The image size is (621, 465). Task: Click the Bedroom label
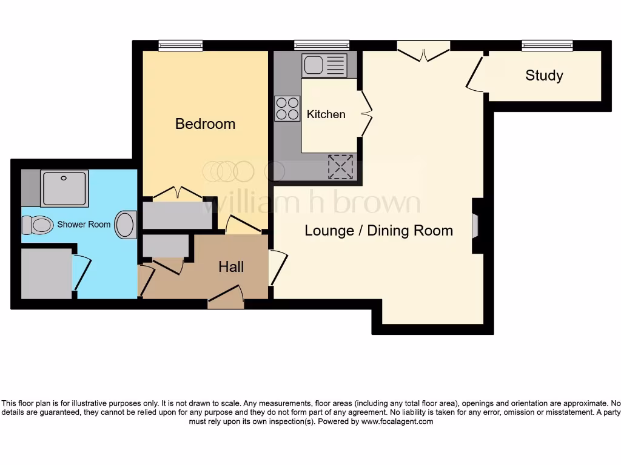click(x=205, y=124)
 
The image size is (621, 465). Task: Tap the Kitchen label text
click(x=326, y=114)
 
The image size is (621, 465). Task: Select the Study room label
click(x=544, y=76)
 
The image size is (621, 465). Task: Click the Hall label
click(x=231, y=266)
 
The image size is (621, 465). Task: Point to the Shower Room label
click(x=84, y=224)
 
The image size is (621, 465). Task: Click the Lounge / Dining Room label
click(x=378, y=231)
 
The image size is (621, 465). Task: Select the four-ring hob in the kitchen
click(x=287, y=108)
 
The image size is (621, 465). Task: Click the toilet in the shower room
click(x=38, y=225)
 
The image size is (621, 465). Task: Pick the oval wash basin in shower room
click(x=126, y=225)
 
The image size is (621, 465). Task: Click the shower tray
click(x=65, y=188)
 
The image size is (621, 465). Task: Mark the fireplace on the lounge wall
click(x=475, y=225)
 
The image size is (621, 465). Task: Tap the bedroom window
click(x=180, y=45)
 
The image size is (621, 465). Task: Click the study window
click(x=547, y=45)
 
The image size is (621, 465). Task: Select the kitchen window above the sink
click(x=321, y=45)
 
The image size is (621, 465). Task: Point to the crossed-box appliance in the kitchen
click(x=340, y=167)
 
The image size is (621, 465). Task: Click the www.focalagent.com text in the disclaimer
click(x=397, y=421)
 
